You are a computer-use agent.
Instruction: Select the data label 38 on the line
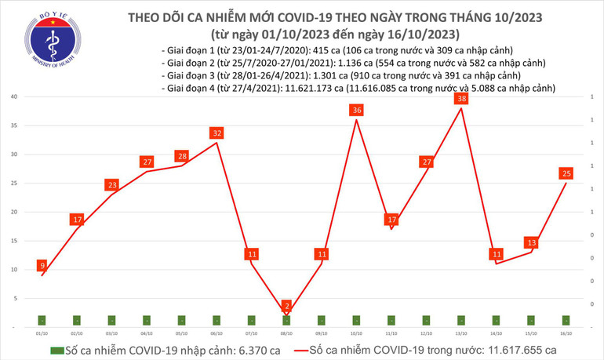click(x=462, y=100)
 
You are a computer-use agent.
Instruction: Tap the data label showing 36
click(x=357, y=111)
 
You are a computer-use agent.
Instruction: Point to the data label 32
click(x=216, y=133)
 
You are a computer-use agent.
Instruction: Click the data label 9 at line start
click(x=42, y=265)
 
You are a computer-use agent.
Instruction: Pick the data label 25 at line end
click(x=565, y=173)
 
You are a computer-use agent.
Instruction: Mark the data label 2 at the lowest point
click(x=286, y=305)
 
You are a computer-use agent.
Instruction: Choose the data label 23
click(x=111, y=185)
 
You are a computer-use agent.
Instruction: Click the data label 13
click(x=532, y=242)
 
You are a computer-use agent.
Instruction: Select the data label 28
click(x=181, y=156)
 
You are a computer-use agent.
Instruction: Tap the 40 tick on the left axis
click(x=15, y=96)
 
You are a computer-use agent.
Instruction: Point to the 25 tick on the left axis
click(x=15, y=183)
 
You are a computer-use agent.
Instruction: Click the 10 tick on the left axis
click(x=15, y=269)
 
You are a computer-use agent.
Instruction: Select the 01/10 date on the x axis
click(x=41, y=333)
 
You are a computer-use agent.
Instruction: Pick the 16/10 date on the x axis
click(x=566, y=333)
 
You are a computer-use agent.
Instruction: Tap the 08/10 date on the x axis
click(x=286, y=333)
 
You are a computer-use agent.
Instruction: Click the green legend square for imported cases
click(x=56, y=350)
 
